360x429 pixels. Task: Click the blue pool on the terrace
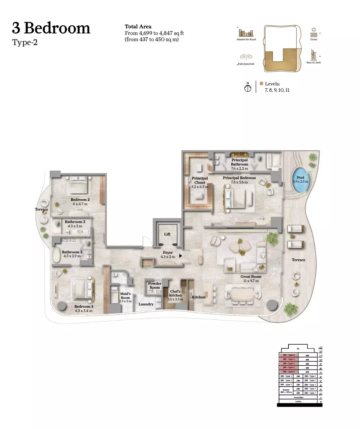301,180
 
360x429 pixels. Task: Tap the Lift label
167,234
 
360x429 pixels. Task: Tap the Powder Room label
155,286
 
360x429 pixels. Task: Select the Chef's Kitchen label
175,295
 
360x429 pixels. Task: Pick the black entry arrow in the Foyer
180,256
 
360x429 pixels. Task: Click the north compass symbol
247,87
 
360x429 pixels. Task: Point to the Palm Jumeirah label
246,64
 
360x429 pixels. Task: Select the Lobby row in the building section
298,401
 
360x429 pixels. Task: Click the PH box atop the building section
298,349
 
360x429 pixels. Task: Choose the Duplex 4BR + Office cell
286,391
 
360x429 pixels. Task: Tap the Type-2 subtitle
25,42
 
